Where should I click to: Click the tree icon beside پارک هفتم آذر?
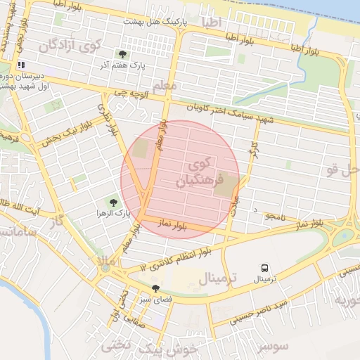click(x=123, y=54)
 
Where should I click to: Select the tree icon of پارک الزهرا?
click(x=105, y=202)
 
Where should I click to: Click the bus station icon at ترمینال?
click(x=265, y=268)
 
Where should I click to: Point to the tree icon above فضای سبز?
click(x=155, y=288)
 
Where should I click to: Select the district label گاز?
click(x=56, y=221)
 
